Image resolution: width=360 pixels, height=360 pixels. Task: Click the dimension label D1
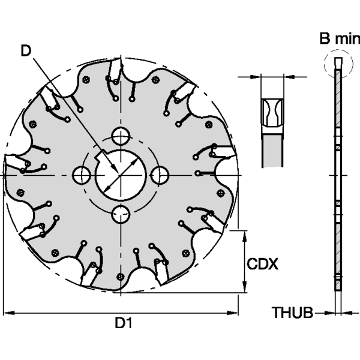point(124,323)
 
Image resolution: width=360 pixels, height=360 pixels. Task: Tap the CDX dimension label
point(263,263)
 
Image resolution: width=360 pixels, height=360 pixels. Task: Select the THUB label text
point(293,313)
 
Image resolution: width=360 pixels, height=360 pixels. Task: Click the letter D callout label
point(26,51)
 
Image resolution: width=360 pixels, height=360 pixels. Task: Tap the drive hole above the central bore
point(120,136)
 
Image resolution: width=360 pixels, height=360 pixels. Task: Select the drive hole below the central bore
point(120,214)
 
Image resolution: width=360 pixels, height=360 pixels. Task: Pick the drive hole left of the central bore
point(80,175)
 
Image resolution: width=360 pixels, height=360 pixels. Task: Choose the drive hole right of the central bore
point(159,175)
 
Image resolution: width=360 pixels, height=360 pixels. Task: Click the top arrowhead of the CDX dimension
point(244,233)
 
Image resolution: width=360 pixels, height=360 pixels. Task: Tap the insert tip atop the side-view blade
point(338,62)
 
